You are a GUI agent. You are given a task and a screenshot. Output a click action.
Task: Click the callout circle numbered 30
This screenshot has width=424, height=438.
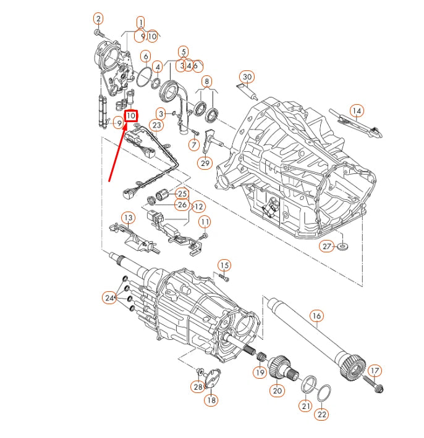(247, 77)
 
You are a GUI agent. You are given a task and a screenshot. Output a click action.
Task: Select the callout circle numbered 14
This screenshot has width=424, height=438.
(356, 111)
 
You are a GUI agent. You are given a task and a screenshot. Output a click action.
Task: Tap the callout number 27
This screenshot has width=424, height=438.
(327, 246)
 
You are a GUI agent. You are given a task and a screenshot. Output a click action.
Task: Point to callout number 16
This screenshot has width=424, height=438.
(316, 316)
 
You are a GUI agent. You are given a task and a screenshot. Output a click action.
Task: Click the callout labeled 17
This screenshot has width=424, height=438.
(375, 371)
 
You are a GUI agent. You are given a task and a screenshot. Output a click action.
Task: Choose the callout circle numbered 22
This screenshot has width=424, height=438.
(322, 415)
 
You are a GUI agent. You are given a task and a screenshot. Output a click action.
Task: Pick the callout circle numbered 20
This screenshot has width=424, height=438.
(276, 390)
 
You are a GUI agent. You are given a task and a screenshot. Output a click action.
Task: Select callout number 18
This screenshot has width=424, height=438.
(211, 400)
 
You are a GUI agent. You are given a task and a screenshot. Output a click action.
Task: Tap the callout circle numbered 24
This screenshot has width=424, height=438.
(109, 298)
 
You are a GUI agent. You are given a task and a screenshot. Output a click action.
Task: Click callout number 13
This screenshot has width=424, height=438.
(127, 218)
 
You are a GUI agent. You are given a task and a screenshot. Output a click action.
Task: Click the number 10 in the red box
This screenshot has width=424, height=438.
(131, 115)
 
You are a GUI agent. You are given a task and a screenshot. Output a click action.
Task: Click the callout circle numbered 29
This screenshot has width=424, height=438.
(205, 163)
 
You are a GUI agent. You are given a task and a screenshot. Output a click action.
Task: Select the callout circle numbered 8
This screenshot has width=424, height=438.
(206, 81)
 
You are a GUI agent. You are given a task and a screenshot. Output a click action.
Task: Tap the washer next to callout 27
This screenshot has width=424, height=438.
(342, 247)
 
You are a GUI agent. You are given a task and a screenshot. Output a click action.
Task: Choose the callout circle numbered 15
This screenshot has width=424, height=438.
(224, 267)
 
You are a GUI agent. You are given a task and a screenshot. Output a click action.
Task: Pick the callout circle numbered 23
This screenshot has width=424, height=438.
(156, 125)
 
